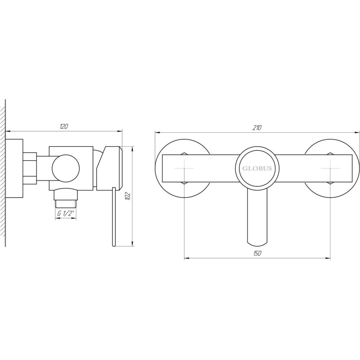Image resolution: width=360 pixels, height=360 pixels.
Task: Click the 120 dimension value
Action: [63, 126]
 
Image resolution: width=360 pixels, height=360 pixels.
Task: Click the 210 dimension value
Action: [257, 128]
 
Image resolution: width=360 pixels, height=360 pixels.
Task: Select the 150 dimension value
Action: [257, 253]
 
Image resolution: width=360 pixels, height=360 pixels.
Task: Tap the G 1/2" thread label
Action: [66, 214]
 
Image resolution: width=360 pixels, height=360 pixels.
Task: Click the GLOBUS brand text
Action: [258, 168]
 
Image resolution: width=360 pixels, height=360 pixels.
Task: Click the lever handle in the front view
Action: [257, 216]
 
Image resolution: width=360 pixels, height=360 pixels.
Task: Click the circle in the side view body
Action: [66, 168]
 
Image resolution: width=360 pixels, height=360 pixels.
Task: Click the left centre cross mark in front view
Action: [184, 168]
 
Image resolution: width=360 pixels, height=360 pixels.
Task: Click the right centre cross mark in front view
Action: [330, 168]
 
